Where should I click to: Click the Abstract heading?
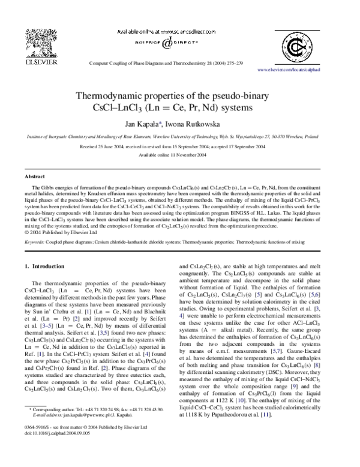[34, 177]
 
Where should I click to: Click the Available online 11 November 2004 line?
[179, 155]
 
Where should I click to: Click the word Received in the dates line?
[90, 146]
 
